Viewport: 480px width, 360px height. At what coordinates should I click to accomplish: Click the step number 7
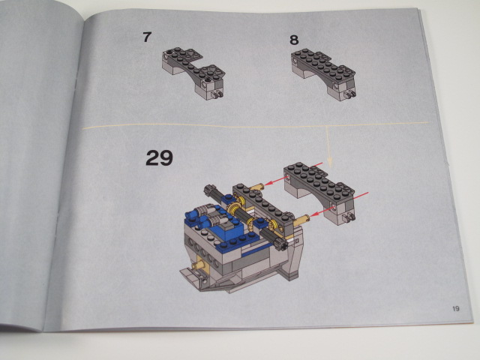147,37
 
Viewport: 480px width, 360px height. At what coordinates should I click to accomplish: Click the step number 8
294,40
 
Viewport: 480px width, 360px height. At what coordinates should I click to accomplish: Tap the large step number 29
159,158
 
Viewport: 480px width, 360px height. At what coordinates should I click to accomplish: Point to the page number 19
456,308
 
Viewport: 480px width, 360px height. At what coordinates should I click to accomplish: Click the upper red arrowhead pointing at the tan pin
268,183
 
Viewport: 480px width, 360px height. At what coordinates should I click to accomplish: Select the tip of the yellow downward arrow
330,166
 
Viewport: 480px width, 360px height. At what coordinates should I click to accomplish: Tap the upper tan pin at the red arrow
257,186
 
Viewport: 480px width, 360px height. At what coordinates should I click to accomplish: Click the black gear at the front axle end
281,244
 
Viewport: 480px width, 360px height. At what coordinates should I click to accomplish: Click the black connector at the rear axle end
209,190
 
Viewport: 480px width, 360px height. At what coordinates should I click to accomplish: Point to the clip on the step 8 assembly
349,94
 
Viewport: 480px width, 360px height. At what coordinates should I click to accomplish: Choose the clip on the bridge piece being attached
349,217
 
